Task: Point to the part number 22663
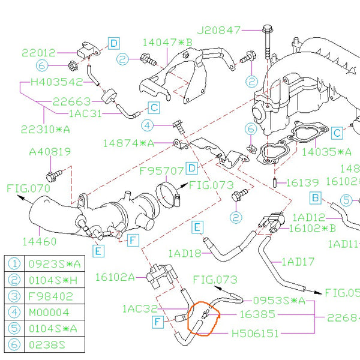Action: [71, 101]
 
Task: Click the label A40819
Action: [50, 152]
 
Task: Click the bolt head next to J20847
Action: [266, 28]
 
